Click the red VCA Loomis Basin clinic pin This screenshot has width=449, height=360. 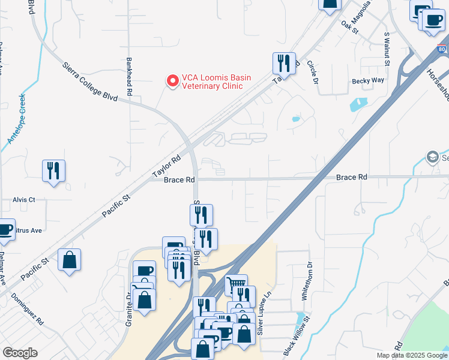(x=173, y=81)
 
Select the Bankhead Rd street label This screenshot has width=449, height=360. (x=129, y=76)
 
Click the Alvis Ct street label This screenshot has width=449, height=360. (x=24, y=199)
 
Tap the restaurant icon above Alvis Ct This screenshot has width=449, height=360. (x=53, y=170)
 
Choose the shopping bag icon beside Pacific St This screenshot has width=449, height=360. (x=70, y=260)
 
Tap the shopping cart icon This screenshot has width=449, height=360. (x=237, y=284)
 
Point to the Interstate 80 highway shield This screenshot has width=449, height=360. (x=442, y=49)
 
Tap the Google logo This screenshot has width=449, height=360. (x=20, y=353)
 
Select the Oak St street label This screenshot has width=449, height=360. (x=349, y=27)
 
